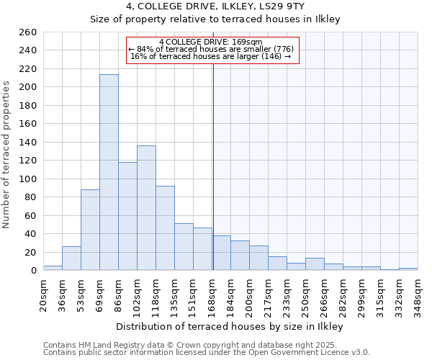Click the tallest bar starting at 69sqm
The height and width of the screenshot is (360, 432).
[109, 173]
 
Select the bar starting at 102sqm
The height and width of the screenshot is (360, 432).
[146, 208]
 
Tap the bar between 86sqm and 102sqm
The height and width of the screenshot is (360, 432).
[127, 216]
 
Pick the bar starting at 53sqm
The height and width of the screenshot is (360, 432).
[90, 230]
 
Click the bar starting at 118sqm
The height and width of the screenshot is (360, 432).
[165, 228]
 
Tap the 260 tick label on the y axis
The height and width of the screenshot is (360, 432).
[28, 32]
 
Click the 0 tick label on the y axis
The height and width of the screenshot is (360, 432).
[34, 271]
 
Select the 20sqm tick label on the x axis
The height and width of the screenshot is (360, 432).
[43, 293]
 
